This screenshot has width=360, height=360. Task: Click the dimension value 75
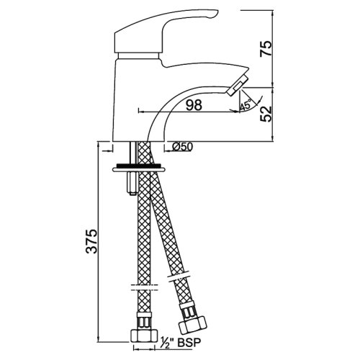266,48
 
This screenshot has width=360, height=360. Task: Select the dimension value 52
266,114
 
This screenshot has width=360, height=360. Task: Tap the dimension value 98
194,105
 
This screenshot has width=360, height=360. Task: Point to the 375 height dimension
91,241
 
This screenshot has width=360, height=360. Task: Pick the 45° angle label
246,105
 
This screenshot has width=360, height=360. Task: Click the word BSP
189,343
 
